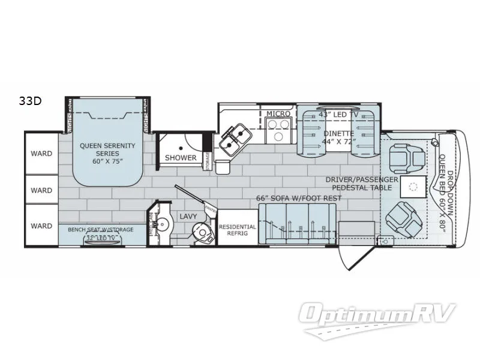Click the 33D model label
[x=30, y=101]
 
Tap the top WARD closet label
[x=41, y=153]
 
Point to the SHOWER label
[x=181, y=158]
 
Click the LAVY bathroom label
[x=184, y=216]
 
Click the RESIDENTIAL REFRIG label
[x=237, y=231]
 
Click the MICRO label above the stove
[x=278, y=113]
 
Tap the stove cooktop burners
[x=278, y=130]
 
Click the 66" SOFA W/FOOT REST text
[x=298, y=198]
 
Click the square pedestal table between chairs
[x=413, y=187]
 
